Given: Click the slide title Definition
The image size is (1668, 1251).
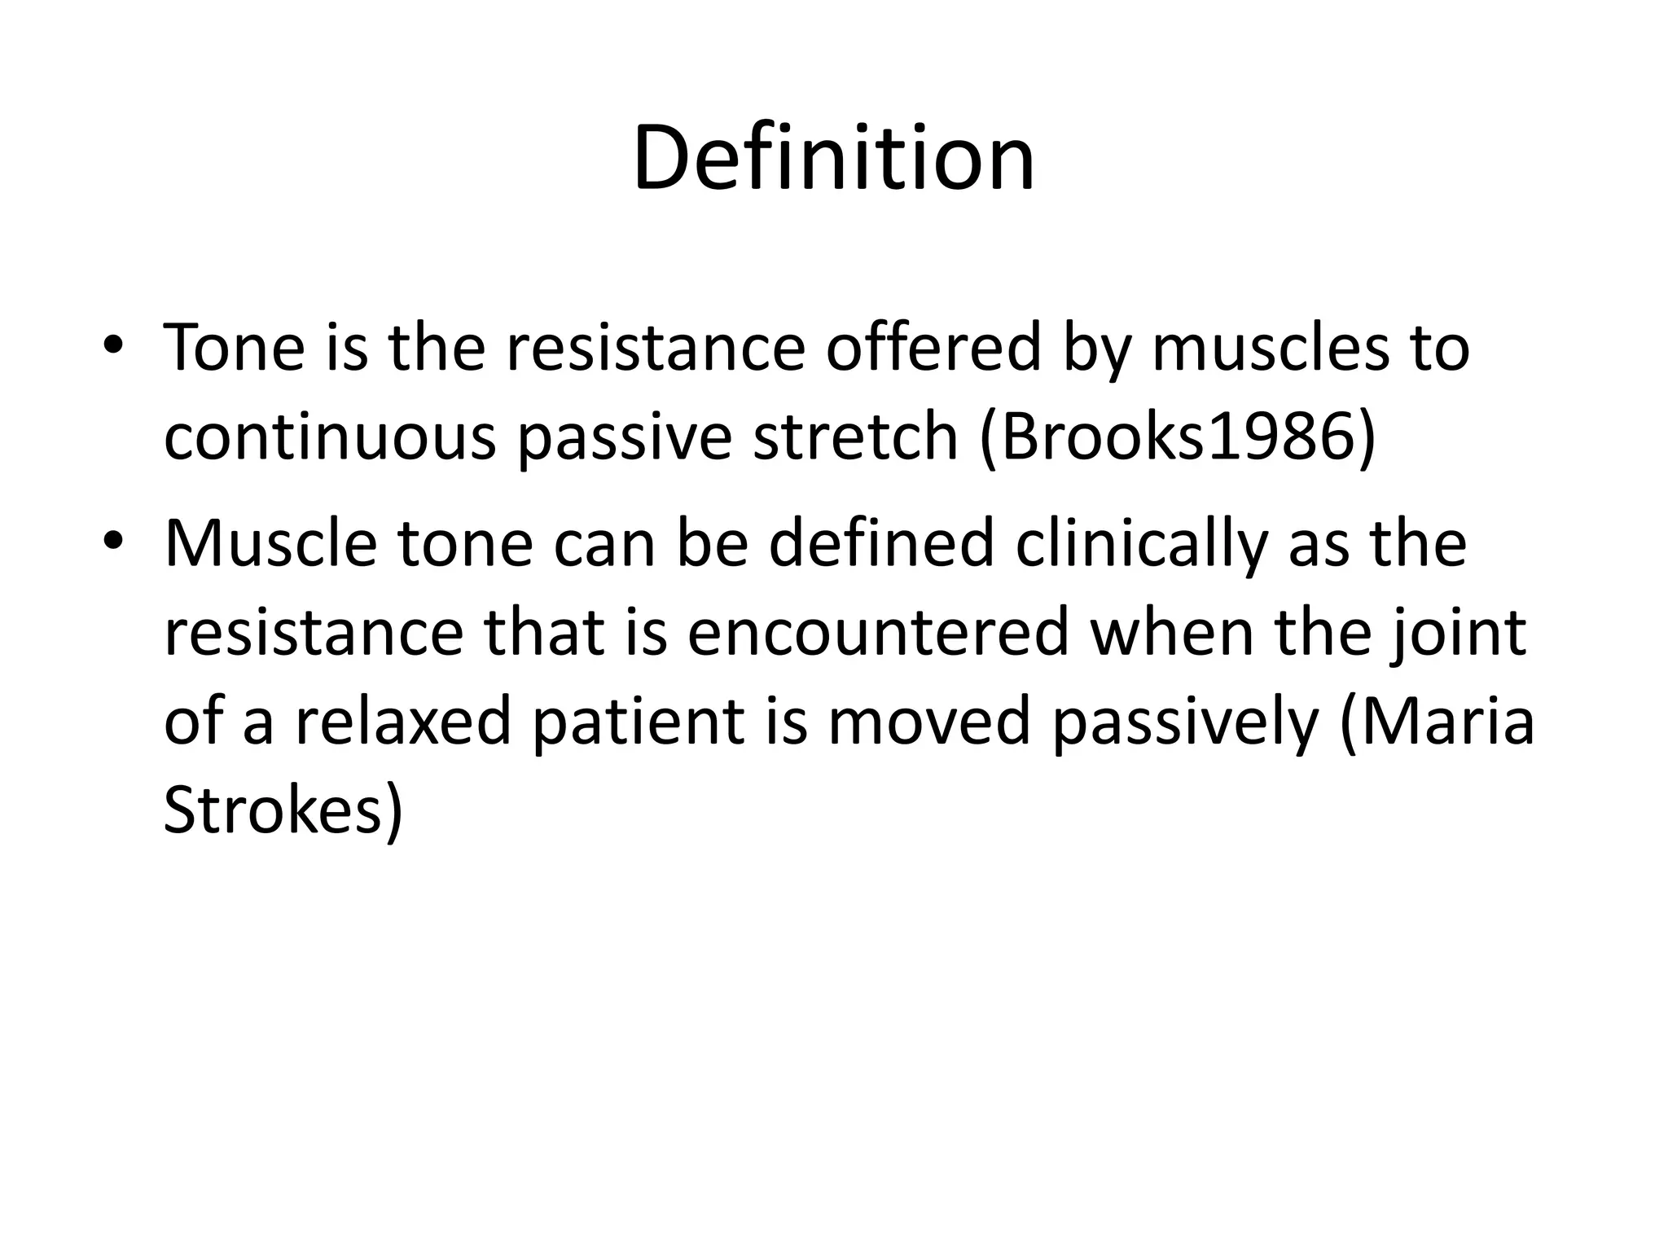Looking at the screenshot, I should [x=833, y=158].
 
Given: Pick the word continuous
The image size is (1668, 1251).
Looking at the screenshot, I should [x=330, y=438].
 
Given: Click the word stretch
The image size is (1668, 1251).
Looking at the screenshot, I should [x=854, y=438].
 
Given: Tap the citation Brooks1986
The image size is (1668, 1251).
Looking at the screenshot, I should [x=1177, y=438].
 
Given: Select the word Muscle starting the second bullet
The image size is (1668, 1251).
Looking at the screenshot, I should [x=270, y=544].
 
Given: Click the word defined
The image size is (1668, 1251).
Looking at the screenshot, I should [x=881, y=544].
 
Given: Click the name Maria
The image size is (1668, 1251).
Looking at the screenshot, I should [x=1446, y=723].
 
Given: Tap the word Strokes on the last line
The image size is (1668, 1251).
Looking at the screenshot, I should [x=273, y=811].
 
